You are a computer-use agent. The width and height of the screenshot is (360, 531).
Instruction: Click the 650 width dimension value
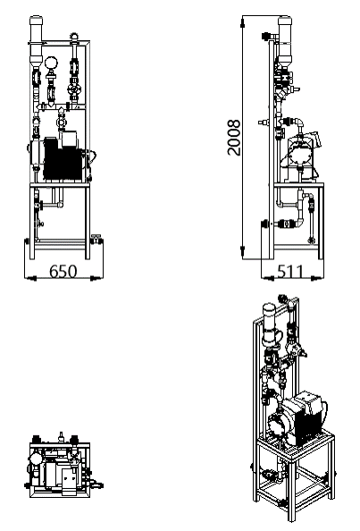click(63, 272)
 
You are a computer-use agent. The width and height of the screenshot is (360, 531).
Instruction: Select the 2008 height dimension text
click(234, 137)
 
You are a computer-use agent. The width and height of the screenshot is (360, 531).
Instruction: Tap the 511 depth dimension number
click(290, 272)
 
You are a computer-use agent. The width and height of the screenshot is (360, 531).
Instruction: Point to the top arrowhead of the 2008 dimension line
click(242, 22)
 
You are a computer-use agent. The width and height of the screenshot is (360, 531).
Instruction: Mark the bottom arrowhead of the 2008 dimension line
click(242, 252)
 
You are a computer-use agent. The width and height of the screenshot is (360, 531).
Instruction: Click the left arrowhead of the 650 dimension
click(30, 278)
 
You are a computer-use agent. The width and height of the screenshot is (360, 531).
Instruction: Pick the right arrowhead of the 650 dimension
click(97, 278)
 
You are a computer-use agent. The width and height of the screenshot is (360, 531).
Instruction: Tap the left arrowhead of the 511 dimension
click(267, 278)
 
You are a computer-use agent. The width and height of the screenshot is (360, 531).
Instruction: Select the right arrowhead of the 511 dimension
click(316, 278)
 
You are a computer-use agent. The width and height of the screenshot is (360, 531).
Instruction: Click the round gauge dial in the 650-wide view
click(52, 63)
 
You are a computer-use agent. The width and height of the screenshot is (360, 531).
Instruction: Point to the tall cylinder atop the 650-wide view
click(37, 40)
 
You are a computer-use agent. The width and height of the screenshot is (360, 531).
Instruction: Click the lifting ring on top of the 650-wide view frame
click(74, 37)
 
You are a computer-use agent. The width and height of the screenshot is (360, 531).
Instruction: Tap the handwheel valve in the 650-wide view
click(74, 89)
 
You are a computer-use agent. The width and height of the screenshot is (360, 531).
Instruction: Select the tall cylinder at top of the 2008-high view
click(285, 40)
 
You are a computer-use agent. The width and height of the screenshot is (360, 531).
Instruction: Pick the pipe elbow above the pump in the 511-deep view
click(300, 122)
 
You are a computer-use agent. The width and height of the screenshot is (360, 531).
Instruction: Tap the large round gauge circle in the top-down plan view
click(35, 459)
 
